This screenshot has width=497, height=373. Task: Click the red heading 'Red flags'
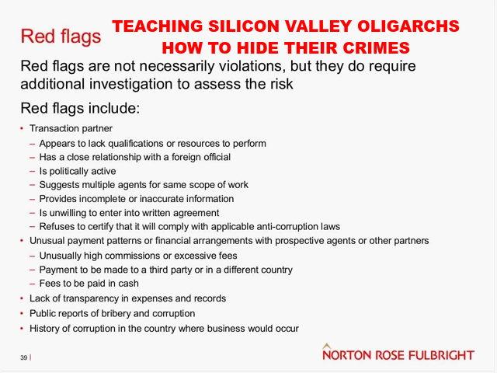pos(61,37)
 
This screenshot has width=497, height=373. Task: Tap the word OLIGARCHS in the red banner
pos(408,26)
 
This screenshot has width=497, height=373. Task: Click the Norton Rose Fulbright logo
pos(398,353)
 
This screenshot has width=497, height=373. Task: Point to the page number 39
pos(24,357)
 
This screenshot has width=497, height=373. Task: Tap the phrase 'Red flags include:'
pos(80,109)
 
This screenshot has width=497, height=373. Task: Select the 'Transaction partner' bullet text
pos(71,128)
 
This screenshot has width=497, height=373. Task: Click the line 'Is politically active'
pos(78,171)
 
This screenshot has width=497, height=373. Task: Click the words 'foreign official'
pos(201,157)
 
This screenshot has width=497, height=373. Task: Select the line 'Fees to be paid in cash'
pos(89,283)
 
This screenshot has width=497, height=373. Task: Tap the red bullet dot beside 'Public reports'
pos(22,314)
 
